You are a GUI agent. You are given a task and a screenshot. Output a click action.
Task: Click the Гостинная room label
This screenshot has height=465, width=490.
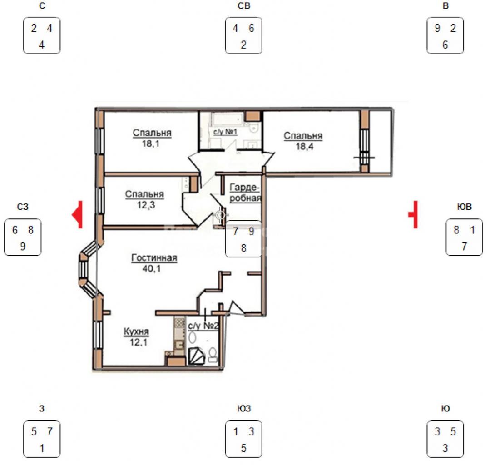coord(154,258)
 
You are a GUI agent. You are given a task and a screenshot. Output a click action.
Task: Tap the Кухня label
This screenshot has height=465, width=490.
coord(136,331)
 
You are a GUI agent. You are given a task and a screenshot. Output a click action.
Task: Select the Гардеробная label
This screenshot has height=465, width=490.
coord(245,193)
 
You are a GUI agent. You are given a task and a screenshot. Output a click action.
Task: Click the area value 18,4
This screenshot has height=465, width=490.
coord(305,146)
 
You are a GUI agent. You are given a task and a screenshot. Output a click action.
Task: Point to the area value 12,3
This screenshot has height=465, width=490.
coord(146,205)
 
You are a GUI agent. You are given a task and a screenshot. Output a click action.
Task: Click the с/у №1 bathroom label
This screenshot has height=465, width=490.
coord(225,132)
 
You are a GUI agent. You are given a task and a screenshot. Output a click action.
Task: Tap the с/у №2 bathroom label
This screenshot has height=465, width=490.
coord(203,326)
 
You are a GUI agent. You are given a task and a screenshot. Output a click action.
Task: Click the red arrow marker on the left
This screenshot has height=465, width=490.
coord(78,215)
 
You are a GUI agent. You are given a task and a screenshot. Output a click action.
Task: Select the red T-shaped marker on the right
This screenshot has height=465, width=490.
coord(413,215)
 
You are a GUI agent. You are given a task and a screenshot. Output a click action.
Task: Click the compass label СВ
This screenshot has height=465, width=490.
coord(244,6)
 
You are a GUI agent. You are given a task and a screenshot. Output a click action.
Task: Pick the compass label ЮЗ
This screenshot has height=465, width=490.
coord(244,409)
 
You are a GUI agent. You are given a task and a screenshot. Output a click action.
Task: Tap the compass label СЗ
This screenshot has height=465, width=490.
coord(23,207)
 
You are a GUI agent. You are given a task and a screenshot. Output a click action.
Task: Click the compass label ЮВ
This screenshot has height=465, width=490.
coord(464,207)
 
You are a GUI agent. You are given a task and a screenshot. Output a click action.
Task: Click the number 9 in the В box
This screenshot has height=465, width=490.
coord(437,28)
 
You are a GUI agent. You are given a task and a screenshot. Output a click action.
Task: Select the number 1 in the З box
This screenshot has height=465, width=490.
coord(42,449)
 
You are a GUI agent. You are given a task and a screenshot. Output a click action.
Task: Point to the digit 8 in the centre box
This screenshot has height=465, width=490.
coord(243,248)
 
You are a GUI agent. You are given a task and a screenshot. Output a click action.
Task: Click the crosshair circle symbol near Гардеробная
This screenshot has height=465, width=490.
coord(221,215)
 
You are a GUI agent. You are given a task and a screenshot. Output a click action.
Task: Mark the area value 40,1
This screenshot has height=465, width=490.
coord(152,268)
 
